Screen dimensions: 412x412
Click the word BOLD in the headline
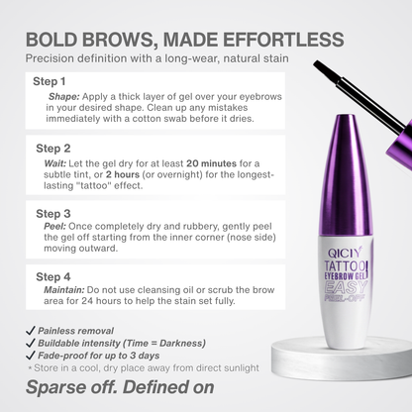pos(53,40)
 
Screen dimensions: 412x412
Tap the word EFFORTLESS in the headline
pos(285,40)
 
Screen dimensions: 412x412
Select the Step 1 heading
pos(50,81)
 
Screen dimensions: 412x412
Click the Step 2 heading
pos(52,149)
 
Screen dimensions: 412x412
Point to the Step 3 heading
pos(52,213)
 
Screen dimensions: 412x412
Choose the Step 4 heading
pos(52,276)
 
